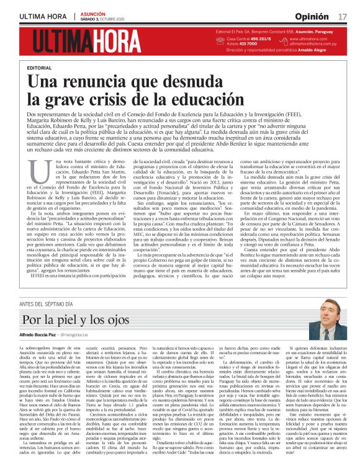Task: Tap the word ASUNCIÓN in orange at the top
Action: click(x=92, y=12)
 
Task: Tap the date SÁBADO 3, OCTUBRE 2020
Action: click(x=106, y=18)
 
